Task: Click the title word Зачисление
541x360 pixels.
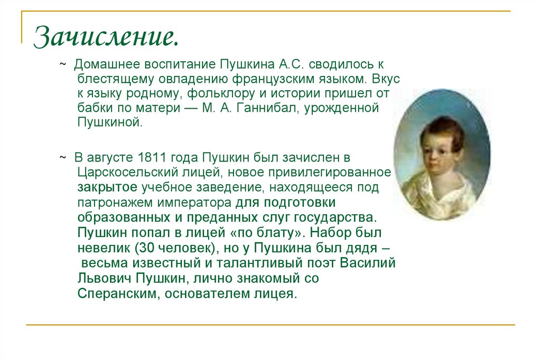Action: (106, 37)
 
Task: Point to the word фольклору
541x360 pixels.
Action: (240, 94)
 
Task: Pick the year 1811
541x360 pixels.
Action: (151, 157)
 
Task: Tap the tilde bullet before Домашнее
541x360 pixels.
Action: (62, 64)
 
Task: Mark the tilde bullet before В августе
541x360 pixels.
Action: (62, 157)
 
